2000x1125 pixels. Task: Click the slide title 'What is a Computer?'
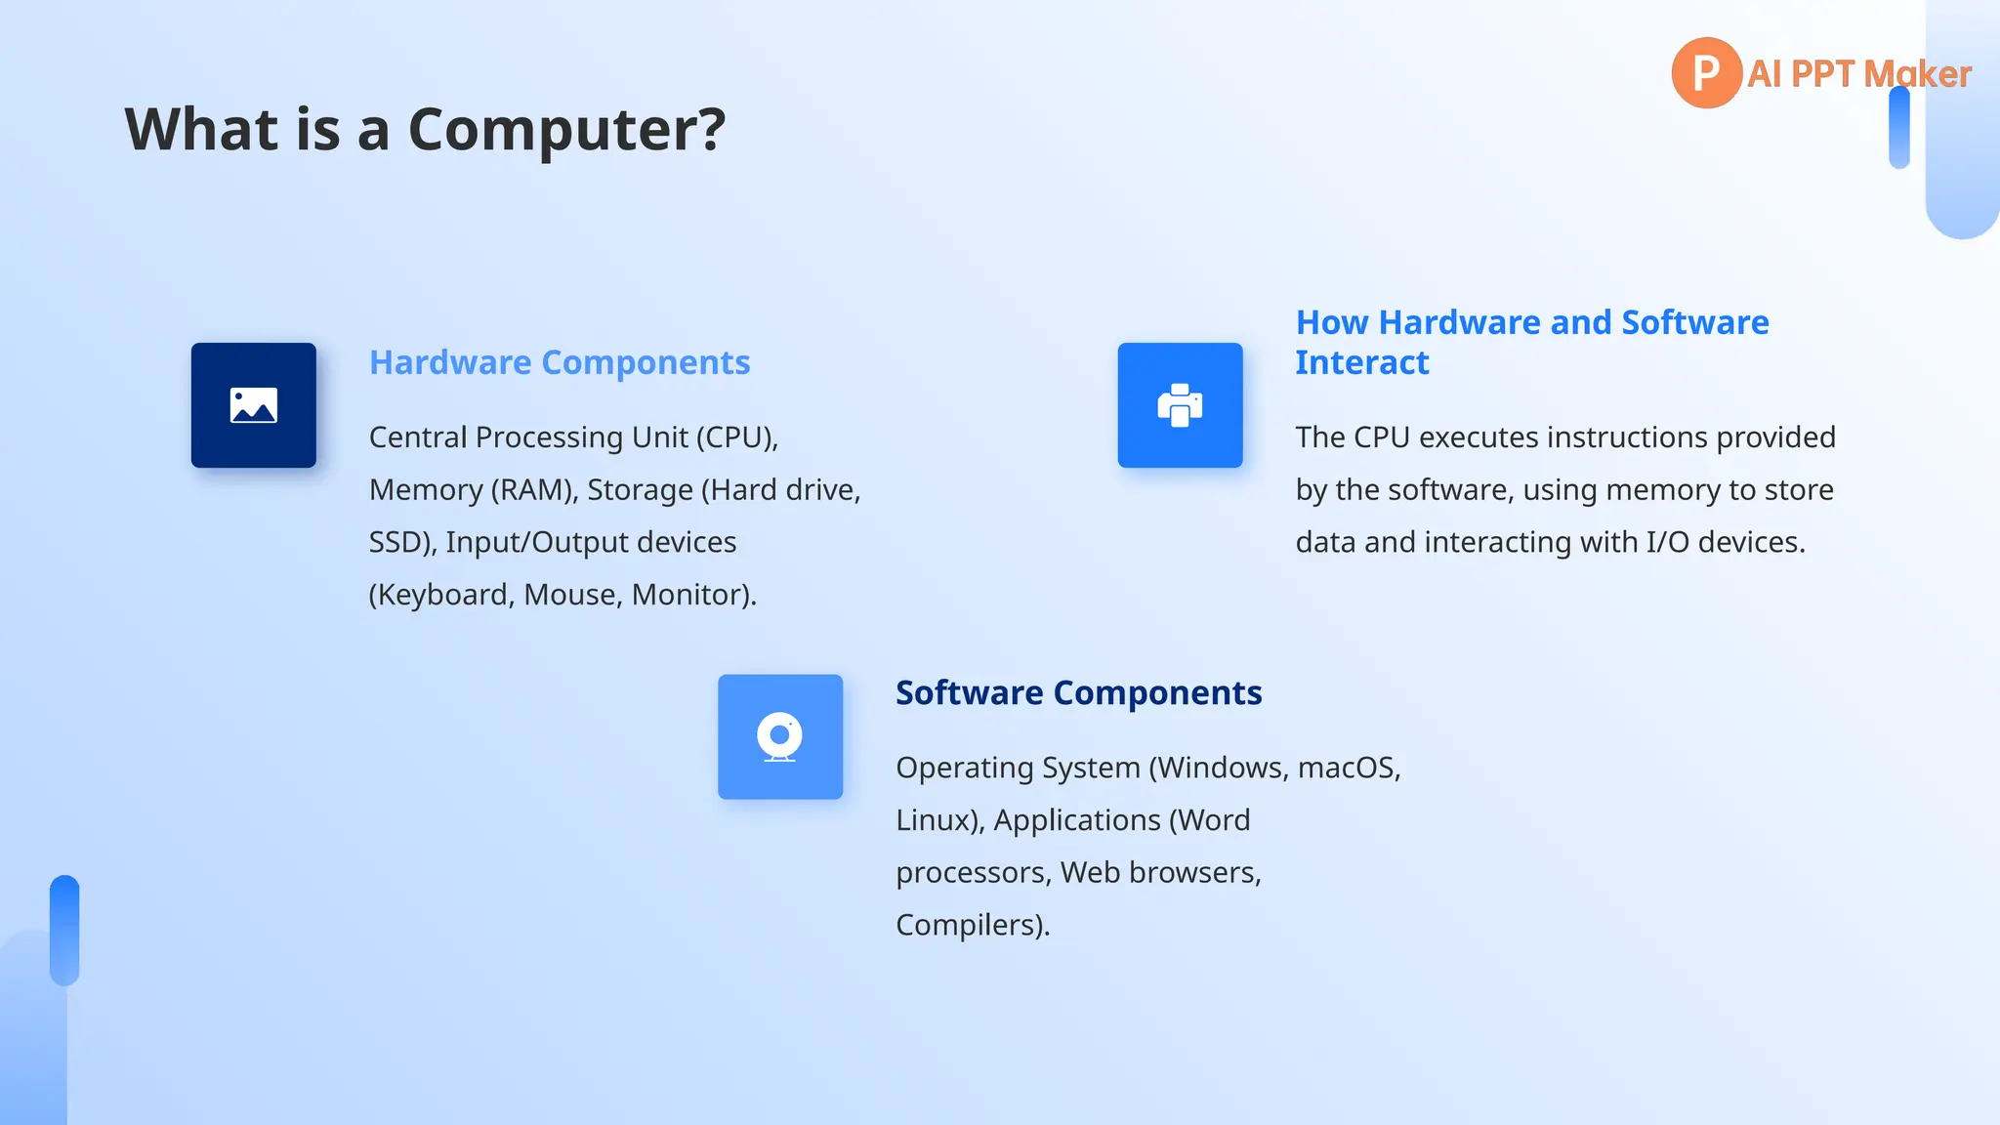[x=425, y=129]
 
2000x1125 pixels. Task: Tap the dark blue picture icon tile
[x=254, y=405]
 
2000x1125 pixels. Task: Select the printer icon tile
[x=1180, y=405]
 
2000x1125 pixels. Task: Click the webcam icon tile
[x=780, y=737]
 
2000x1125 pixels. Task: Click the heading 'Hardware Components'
[x=560, y=362]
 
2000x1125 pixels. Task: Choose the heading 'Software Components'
[x=1078, y=692]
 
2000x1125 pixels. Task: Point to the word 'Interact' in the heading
[x=1361, y=362]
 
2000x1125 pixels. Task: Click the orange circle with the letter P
[x=1706, y=73]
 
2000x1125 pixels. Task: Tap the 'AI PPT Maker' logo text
[x=1858, y=74]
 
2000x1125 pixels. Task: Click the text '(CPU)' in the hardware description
[x=736, y=437]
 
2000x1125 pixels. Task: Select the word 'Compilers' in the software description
[x=968, y=925]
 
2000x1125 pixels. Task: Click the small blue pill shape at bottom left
[x=64, y=930]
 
